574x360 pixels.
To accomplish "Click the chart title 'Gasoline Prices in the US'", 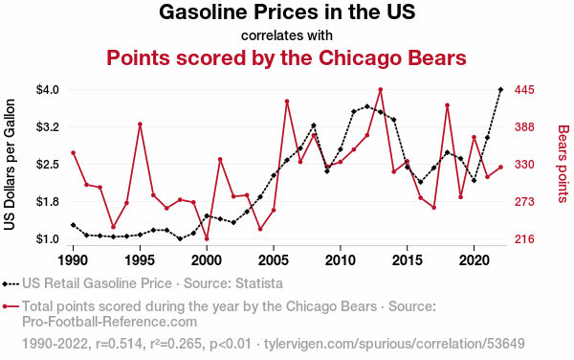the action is point(287,11).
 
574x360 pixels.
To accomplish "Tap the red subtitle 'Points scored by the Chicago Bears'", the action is point(287,57).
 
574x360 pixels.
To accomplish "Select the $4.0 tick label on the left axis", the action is point(48,90).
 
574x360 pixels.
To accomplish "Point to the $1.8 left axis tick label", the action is point(48,202).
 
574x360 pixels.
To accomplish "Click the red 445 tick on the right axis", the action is point(524,90).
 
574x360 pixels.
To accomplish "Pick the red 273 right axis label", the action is point(524,202).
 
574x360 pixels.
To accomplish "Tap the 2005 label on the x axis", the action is point(274,260).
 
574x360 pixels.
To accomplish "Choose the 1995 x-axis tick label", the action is point(140,260).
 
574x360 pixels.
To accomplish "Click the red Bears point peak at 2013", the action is point(381,90).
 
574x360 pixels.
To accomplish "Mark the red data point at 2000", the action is point(207,238).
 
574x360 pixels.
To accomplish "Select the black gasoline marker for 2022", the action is point(500,90).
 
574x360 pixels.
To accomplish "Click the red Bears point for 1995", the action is point(140,124).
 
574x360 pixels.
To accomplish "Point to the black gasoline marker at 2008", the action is point(314,125).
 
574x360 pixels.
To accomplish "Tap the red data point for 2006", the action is point(287,101).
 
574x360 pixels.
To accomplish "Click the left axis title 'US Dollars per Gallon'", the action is point(10,165).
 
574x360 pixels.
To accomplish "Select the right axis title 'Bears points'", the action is point(563,164).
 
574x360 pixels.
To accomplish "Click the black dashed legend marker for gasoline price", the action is point(11,283).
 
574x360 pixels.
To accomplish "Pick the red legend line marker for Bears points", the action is point(11,306).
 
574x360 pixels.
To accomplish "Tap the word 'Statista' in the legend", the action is point(259,283).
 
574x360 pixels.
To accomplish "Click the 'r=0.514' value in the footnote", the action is point(119,344).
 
